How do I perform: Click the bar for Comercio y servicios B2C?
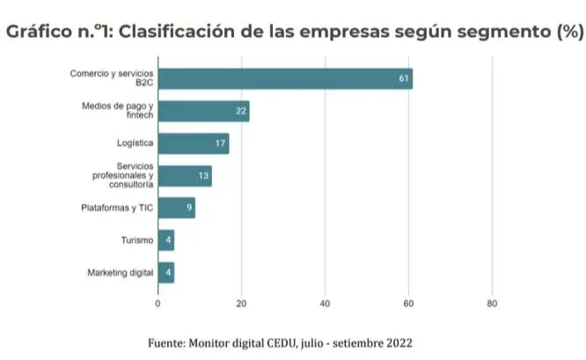[284, 78]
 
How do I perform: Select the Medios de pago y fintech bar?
[203, 111]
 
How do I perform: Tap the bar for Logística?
[193, 143]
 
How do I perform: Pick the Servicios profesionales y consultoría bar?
[185, 176]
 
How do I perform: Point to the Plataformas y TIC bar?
[176, 208]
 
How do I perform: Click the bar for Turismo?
[166, 240]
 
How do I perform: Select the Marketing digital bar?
[166, 273]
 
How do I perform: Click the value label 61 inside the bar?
[404, 78]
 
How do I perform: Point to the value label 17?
[221, 143]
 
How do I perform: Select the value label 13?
[204, 176]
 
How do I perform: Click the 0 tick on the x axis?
[158, 304]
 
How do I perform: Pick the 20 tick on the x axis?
[241, 304]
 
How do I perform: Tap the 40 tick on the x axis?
[325, 304]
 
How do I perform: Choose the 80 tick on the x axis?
[492, 304]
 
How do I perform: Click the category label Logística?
[136, 143]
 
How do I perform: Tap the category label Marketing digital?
[120, 273]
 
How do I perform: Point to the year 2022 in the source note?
[397, 342]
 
